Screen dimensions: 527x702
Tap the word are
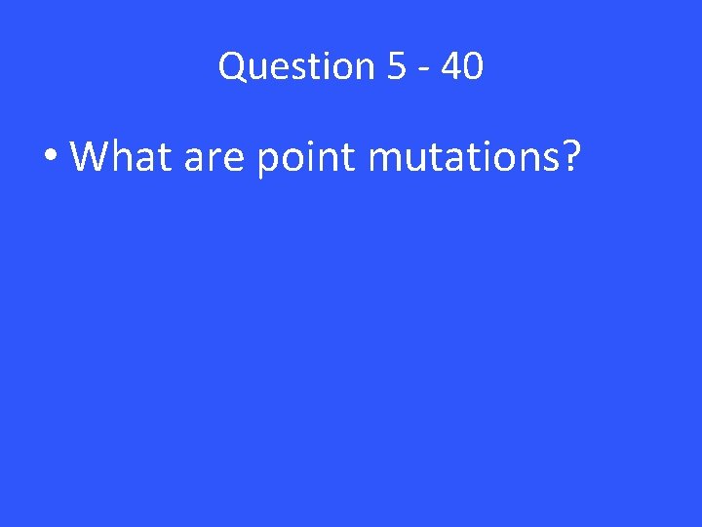click(214, 158)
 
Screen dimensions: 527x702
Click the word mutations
click(464, 156)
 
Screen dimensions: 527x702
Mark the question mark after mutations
click(570, 155)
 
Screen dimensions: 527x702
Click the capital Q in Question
click(233, 66)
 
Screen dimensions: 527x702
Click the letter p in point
click(267, 161)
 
